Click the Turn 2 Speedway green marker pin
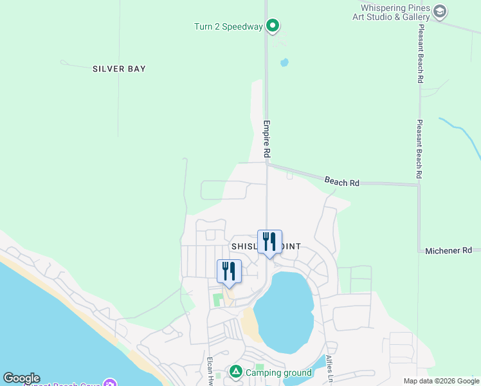[x=273, y=26]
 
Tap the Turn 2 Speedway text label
[x=228, y=26]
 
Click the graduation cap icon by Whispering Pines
[x=440, y=11]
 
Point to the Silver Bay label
[x=119, y=69]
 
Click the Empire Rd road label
[x=266, y=139]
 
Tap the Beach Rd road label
[x=341, y=183]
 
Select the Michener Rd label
[x=448, y=250]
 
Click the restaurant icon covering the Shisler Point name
[x=269, y=242]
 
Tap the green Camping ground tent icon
[x=236, y=372]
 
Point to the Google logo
[x=21, y=379]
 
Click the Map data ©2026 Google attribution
[x=441, y=381]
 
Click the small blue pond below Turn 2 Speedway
[x=284, y=63]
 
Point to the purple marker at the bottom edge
[x=109, y=383]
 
